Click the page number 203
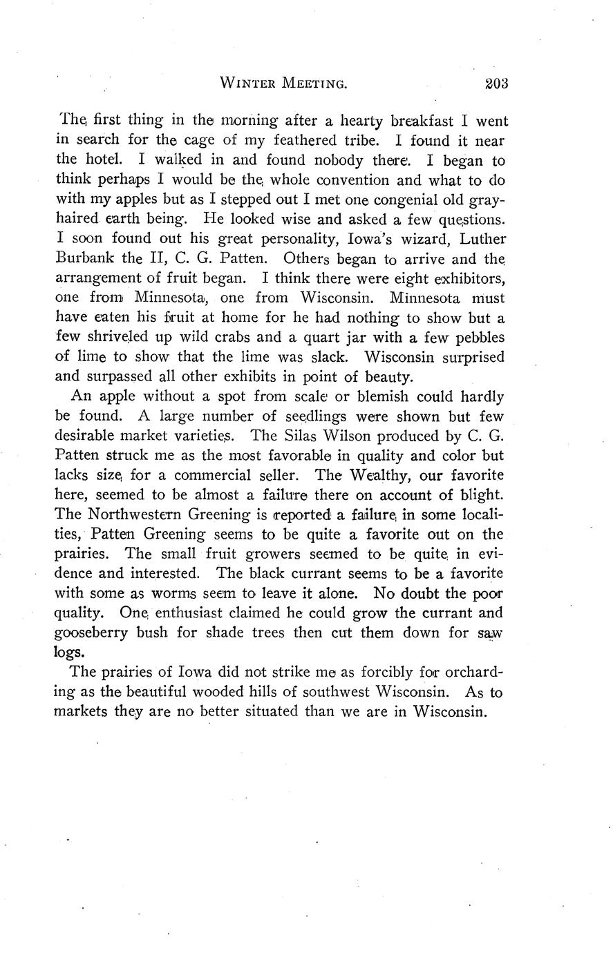(496, 84)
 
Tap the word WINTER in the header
(247, 84)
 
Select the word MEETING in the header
(313, 84)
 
